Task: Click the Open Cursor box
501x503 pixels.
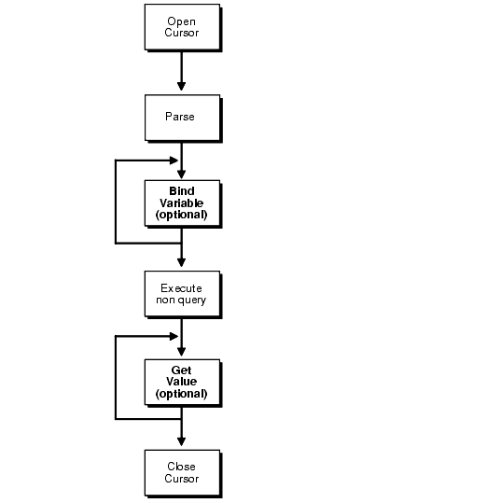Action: tap(183, 27)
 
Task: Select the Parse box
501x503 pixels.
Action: tap(183, 118)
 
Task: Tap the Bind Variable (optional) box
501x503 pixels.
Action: tap(183, 203)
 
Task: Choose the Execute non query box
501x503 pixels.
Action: tap(183, 294)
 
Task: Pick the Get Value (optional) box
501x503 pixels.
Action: tap(183, 383)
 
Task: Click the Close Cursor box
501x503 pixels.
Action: tap(183, 473)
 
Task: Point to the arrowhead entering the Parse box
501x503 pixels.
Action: tap(182, 86)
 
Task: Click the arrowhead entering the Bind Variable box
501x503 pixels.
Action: tap(182, 175)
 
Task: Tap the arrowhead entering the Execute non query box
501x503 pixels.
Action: tap(182, 263)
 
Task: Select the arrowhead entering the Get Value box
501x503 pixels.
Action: tap(182, 352)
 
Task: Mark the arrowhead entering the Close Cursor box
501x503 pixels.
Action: tap(182, 441)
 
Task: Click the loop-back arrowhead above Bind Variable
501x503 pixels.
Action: tap(174, 161)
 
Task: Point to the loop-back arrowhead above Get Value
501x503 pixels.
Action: tap(174, 336)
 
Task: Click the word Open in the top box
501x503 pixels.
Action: tap(181, 21)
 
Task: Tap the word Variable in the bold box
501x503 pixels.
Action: tap(182, 203)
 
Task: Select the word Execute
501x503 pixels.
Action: tap(181, 288)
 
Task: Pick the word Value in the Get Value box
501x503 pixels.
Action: tap(182, 382)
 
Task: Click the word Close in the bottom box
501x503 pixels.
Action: tap(181, 467)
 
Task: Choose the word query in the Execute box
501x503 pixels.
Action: tap(192, 300)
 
